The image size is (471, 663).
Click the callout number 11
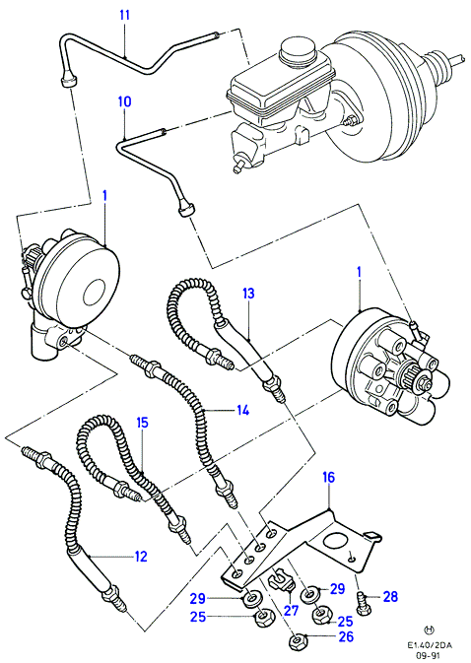click(124, 15)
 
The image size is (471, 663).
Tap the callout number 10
click(125, 101)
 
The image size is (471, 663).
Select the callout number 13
click(248, 293)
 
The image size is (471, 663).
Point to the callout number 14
click(242, 410)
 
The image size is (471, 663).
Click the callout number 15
click(143, 423)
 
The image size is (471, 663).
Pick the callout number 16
click(328, 477)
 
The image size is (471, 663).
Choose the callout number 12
click(140, 557)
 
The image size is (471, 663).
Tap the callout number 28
click(390, 597)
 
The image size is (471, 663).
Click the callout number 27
click(292, 610)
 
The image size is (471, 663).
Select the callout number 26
click(346, 636)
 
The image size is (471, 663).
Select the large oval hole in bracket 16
click(336, 544)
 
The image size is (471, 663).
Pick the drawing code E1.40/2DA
click(430, 645)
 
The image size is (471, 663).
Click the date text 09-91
click(430, 657)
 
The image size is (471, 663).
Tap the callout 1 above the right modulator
click(360, 273)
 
